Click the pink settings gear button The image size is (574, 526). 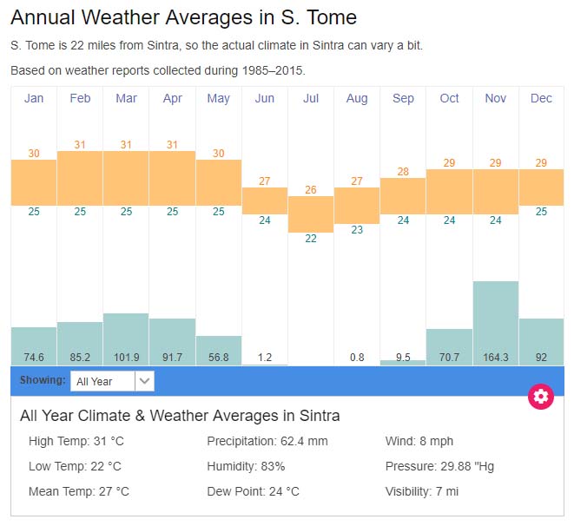coord(541,397)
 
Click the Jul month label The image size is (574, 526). coord(311,98)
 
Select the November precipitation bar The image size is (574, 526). coord(496,322)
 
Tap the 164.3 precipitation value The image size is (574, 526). coord(496,356)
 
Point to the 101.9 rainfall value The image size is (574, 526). coord(126,356)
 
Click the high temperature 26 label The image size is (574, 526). coord(311,190)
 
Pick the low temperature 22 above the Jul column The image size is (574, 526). coord(311,239)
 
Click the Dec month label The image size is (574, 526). coord(541,98)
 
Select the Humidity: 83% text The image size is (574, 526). coord(246,466)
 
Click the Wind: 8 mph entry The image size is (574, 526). coord(419,441)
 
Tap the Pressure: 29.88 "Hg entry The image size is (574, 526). coord(439,466)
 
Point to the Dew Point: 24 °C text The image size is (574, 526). coord(253,491)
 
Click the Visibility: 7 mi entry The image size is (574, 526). coord(423,491)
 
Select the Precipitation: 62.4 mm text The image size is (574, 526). coord(267,441)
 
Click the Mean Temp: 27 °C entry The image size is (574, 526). coord(79,491)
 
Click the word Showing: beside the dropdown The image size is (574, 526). coord(43,380)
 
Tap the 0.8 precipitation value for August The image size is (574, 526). coord(357,356)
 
